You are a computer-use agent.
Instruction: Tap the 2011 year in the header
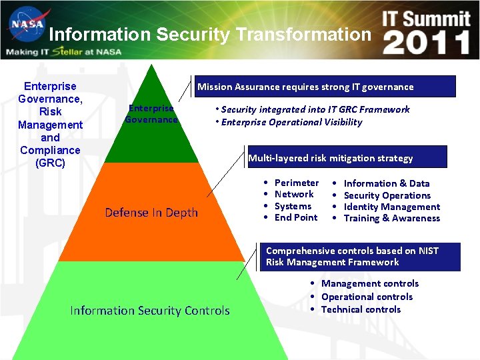(427, 42)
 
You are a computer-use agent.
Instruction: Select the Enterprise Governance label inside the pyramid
(151, 114)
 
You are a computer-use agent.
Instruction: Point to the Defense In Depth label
(151, 213)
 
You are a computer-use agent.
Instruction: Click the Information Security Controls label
(150, 311)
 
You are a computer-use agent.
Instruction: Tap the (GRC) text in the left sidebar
(50, 163)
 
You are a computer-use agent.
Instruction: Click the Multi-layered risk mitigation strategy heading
(331, 158)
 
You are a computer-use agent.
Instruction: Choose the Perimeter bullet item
(297, 183)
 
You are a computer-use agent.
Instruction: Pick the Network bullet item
(294, 194)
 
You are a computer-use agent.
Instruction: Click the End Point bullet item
(296, 217)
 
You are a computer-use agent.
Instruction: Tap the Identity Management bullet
(392, 207)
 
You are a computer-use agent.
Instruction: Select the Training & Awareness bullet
(392, 218)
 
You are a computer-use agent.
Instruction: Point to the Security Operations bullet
(387, 195)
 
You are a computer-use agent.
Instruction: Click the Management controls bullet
(370, 283)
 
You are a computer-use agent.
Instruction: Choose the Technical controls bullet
(361, 309)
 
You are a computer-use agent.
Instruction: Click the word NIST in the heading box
(429, 251)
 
